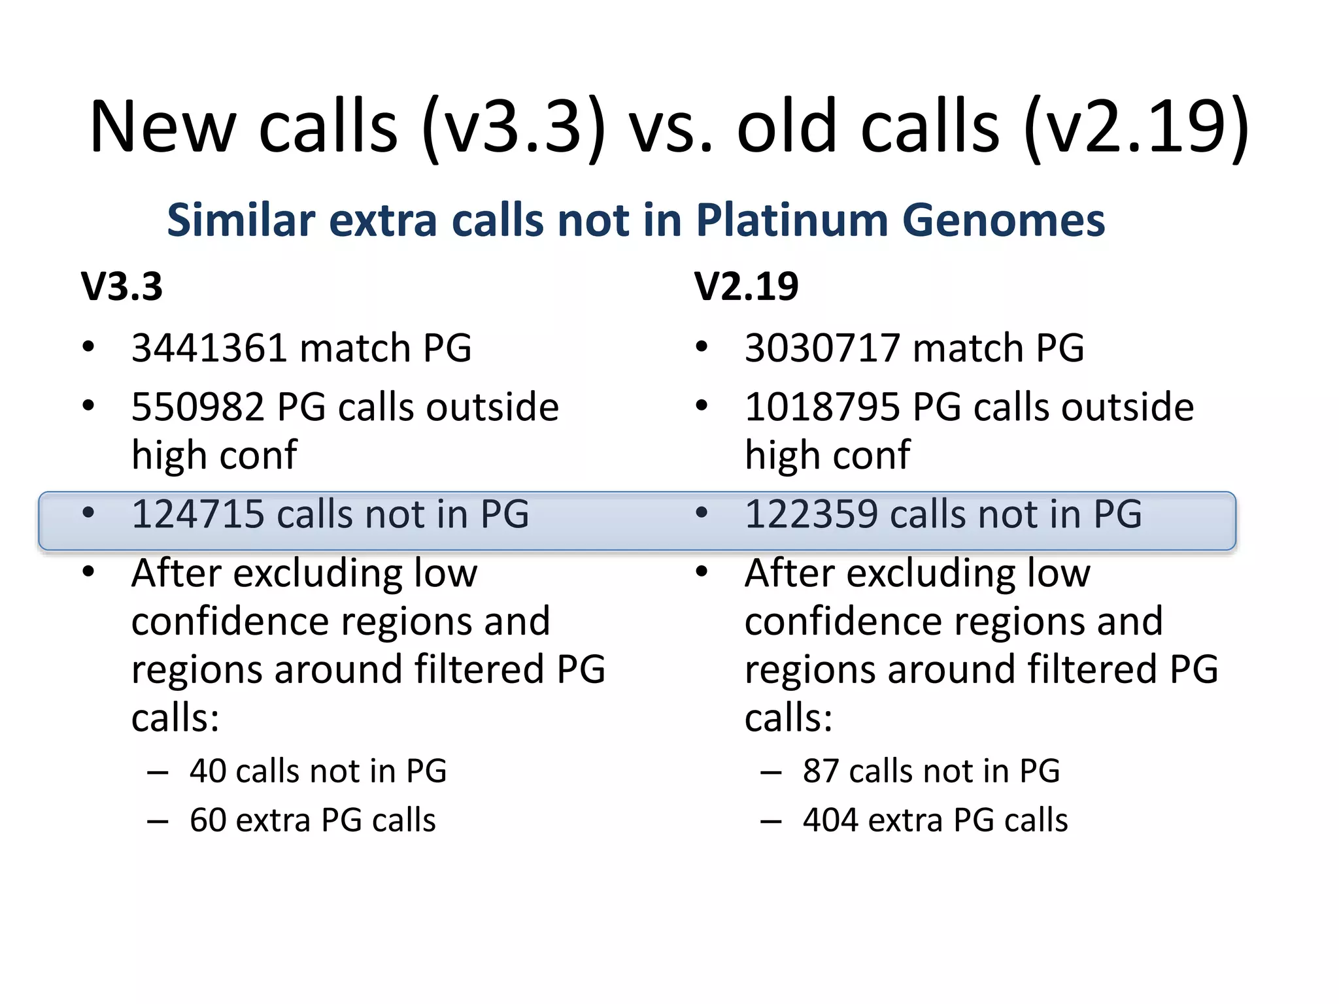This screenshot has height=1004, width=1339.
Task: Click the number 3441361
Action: coord(209,348)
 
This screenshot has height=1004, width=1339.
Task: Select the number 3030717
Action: coord(822,348)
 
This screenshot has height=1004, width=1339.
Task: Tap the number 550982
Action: coord(197,407)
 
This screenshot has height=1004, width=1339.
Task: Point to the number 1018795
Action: coord(822,407)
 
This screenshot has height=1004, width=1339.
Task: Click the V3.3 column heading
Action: coord(122,286)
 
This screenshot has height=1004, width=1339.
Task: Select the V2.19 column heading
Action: coord(746,286)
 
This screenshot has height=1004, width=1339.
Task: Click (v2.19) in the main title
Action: coord(1136,127)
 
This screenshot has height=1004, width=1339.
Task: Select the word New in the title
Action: coord(162,127)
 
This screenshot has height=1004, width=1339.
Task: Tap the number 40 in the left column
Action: coord(208,771)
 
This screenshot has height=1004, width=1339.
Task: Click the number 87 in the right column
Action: coord(821,771)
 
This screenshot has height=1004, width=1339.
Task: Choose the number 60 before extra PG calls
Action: coord(208,820)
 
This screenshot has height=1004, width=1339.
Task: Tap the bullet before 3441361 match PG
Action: coord(88,346)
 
